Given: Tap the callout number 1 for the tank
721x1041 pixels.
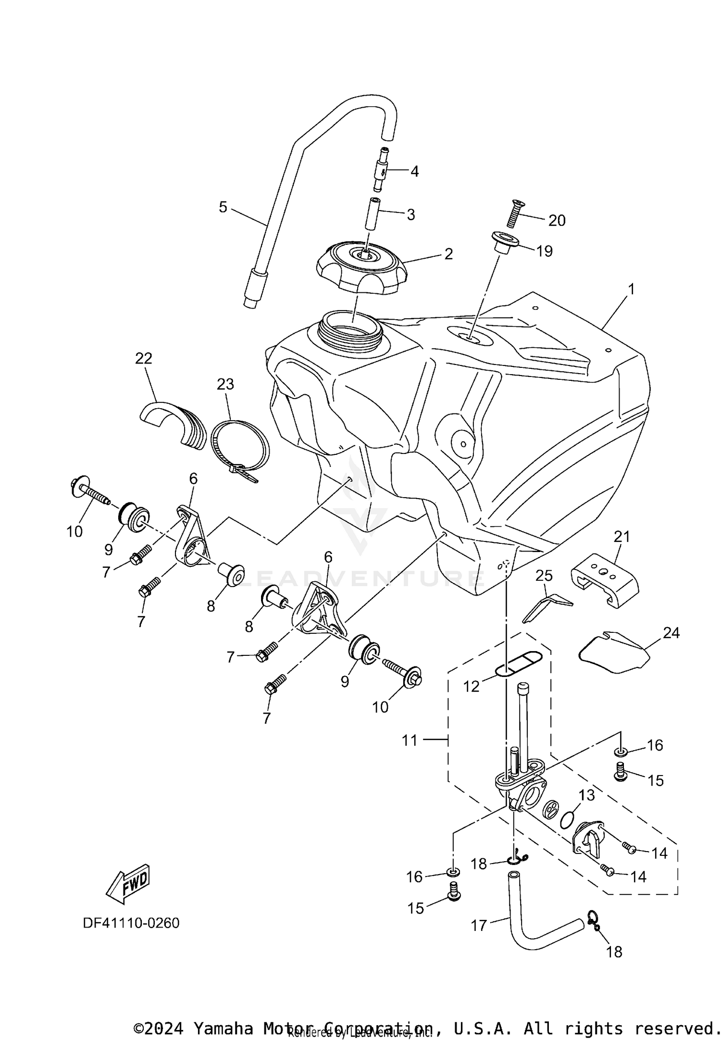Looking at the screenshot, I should (x=631, y=289).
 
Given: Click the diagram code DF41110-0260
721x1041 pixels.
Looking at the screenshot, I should (x=131, y=923).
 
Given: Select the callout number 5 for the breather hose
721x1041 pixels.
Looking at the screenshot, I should (x=223, y=207).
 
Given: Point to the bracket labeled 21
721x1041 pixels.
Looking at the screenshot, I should (x=605, y=584).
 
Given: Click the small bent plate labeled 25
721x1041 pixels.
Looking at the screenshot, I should (x=546, y=606).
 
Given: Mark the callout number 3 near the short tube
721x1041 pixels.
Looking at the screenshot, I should (x=410, y=214).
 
